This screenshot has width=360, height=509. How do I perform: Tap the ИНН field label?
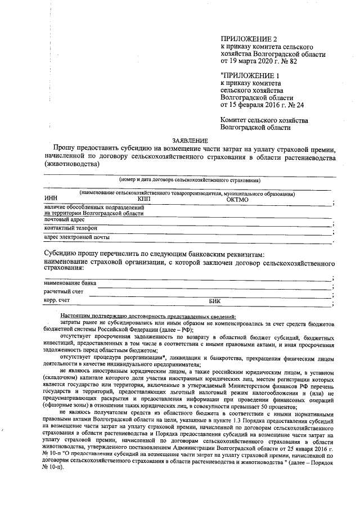pyautogui.click(x=51, y=199)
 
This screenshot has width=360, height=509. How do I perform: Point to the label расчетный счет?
pyautogui.click(x=64, y=292)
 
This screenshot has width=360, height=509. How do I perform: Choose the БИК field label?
pyautogui.click(x=215, y=301)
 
